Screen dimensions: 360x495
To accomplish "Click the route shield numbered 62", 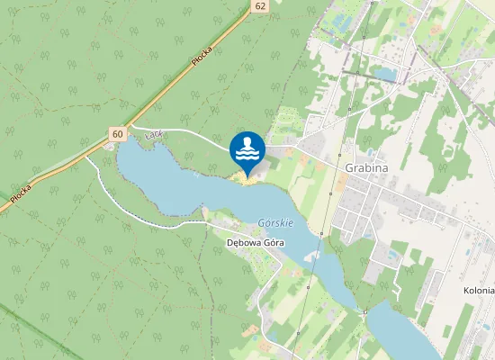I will click(260, 6).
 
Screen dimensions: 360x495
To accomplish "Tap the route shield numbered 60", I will click(118, 134).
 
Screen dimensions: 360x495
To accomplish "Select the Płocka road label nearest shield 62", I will click(202, 55).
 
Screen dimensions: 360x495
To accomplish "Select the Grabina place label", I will click(365, 167).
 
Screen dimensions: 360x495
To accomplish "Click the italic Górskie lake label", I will click(275, 222).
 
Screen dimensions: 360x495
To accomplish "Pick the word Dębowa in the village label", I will click(243, 242).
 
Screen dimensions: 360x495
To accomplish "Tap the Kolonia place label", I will click(479, 291).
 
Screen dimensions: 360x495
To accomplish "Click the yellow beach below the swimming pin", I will click(247, 180).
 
